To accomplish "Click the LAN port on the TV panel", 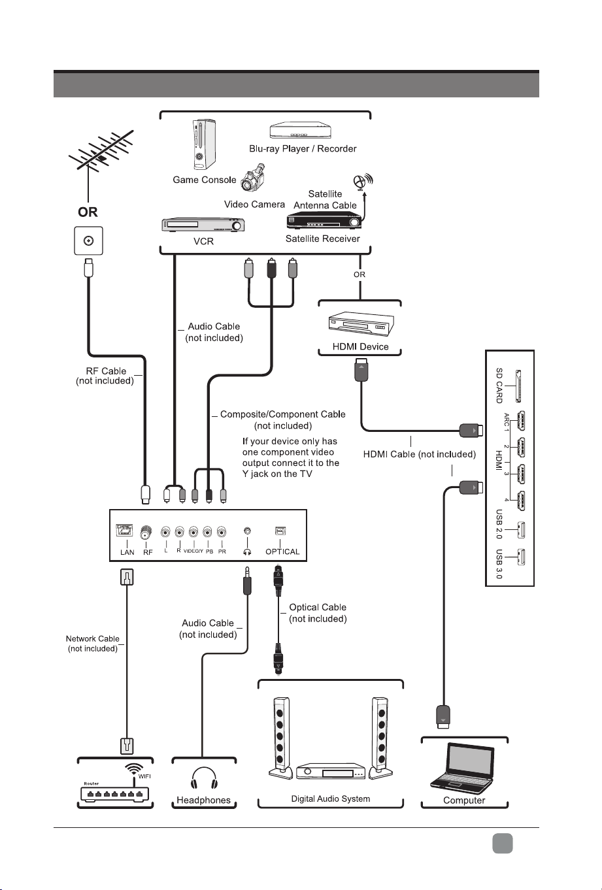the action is [124, 530].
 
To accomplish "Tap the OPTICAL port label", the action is [282, 552].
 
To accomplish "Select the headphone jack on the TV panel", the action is [247, 531].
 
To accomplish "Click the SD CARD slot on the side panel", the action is [518, 386].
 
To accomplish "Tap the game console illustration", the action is [204, 144].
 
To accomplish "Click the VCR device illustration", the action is [203, 225].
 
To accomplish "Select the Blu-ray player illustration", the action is [301, 130].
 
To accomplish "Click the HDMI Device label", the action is [360, 346].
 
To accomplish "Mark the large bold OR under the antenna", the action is [88, 212].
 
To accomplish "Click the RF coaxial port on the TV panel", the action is [146, 532].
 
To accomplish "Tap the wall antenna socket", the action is [89, 240].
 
